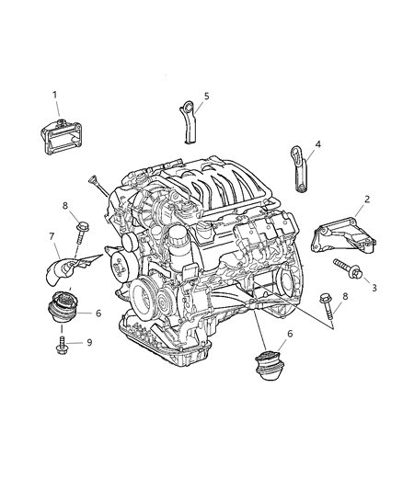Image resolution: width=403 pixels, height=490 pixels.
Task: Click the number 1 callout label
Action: click(54, 95)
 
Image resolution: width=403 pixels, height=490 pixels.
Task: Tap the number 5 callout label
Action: click(206, 96)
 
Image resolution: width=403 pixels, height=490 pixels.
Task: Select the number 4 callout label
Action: click(317, 143)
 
